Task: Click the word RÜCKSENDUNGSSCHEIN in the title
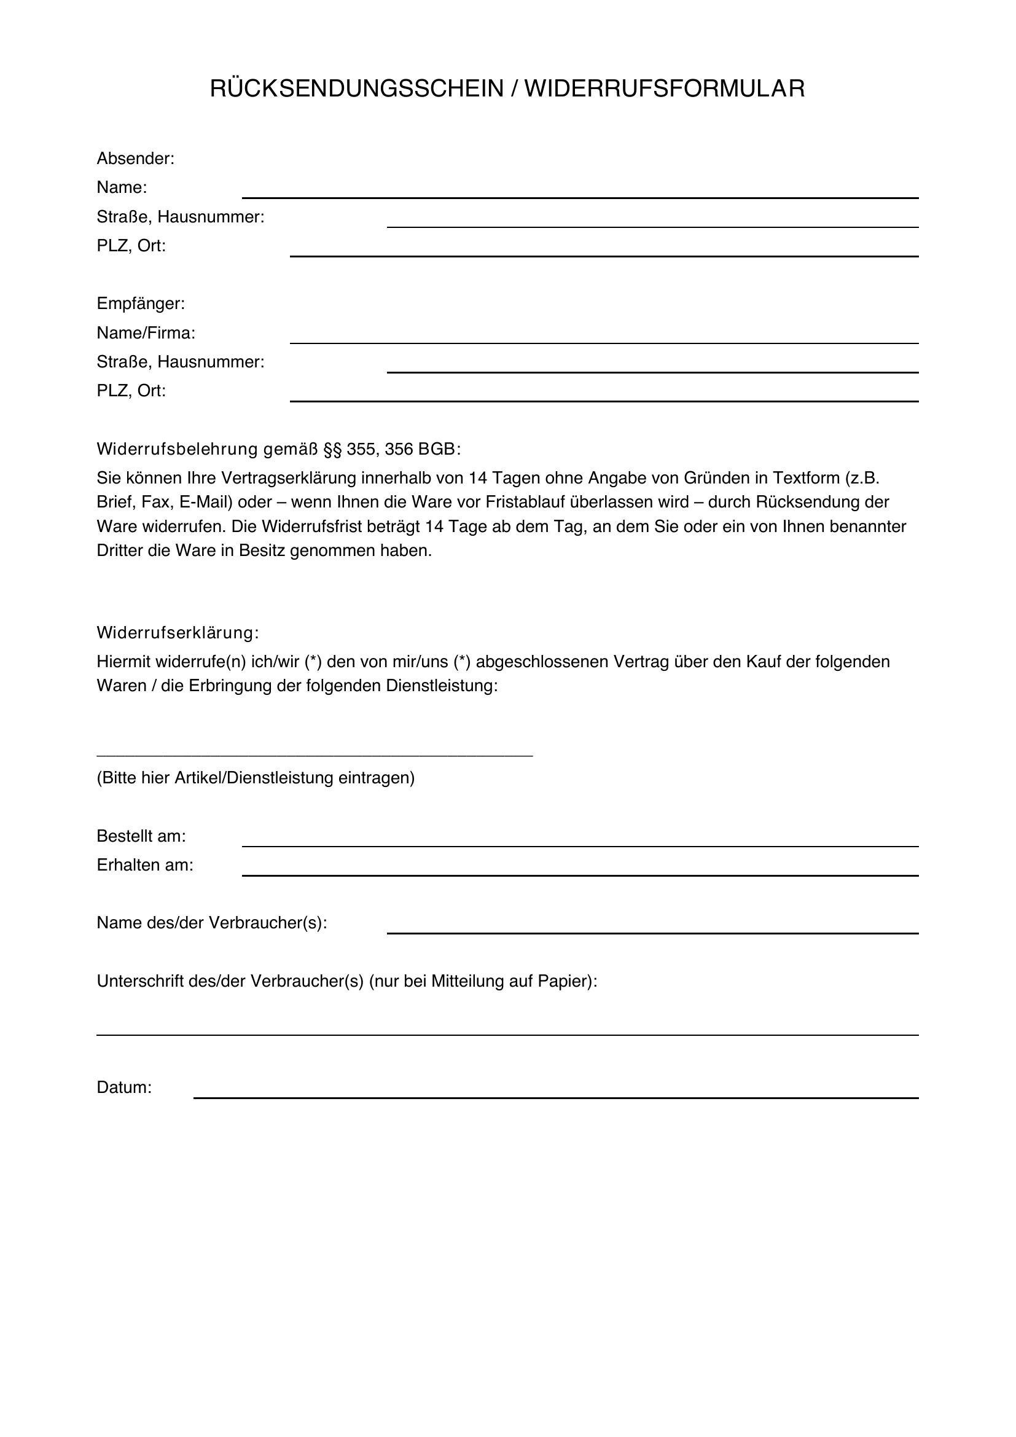point(357,89)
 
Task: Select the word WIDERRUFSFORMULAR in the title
point(665,89)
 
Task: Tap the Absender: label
point(135,159)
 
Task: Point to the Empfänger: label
point(141,304)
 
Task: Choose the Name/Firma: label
point(146,333)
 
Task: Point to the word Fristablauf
point(522,503)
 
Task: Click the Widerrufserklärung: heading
point(178,633)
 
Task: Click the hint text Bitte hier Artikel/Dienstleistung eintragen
point(256,778)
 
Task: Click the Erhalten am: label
point(145,866)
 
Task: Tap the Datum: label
point(124,1088)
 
